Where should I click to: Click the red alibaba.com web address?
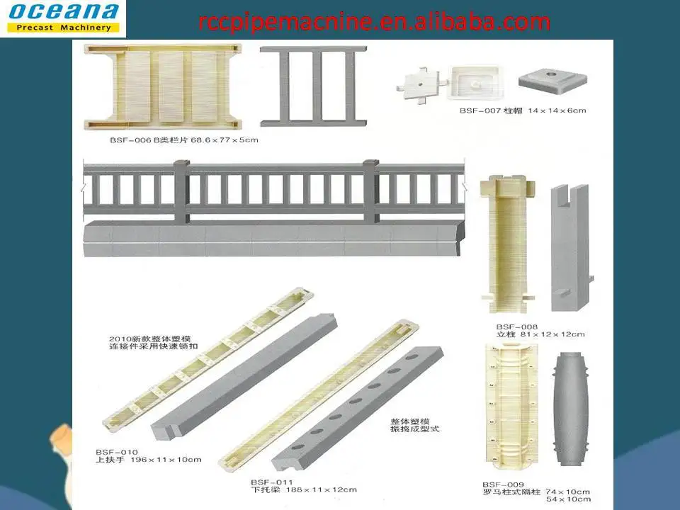(374, 22)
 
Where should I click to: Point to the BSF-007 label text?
(479, 110)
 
